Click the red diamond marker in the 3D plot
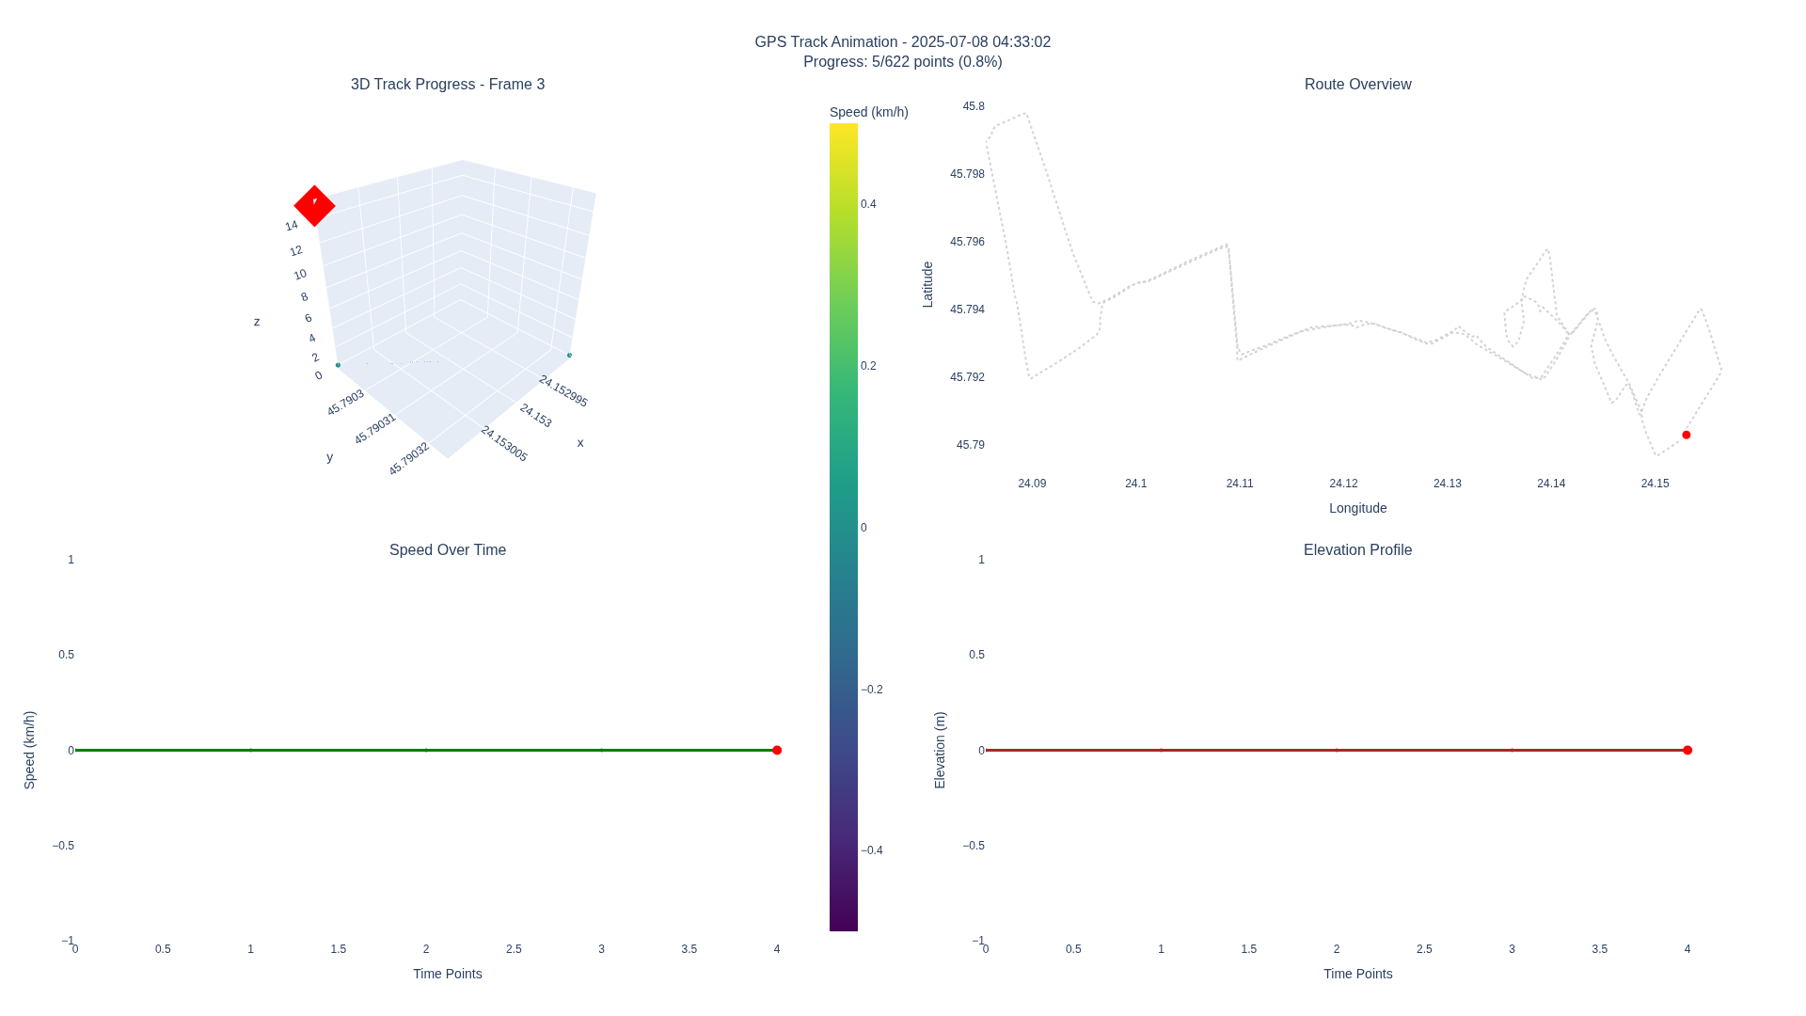314,205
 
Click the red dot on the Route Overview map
1687,435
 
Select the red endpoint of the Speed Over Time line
777,750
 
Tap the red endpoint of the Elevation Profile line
1687,750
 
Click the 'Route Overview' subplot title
1357,85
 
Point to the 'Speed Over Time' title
448,550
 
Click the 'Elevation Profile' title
1357,550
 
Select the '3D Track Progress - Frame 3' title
448,85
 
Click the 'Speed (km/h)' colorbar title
868,112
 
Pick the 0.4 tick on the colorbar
868,204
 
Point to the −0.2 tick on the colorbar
872,690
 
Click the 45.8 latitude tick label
974,106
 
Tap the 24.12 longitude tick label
1343,484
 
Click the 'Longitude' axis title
1357,508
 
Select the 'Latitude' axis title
927,284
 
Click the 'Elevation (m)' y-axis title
940,750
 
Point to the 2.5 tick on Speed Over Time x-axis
514,949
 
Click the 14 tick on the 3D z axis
292,226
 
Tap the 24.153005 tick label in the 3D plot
504,444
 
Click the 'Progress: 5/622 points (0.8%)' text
902,62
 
